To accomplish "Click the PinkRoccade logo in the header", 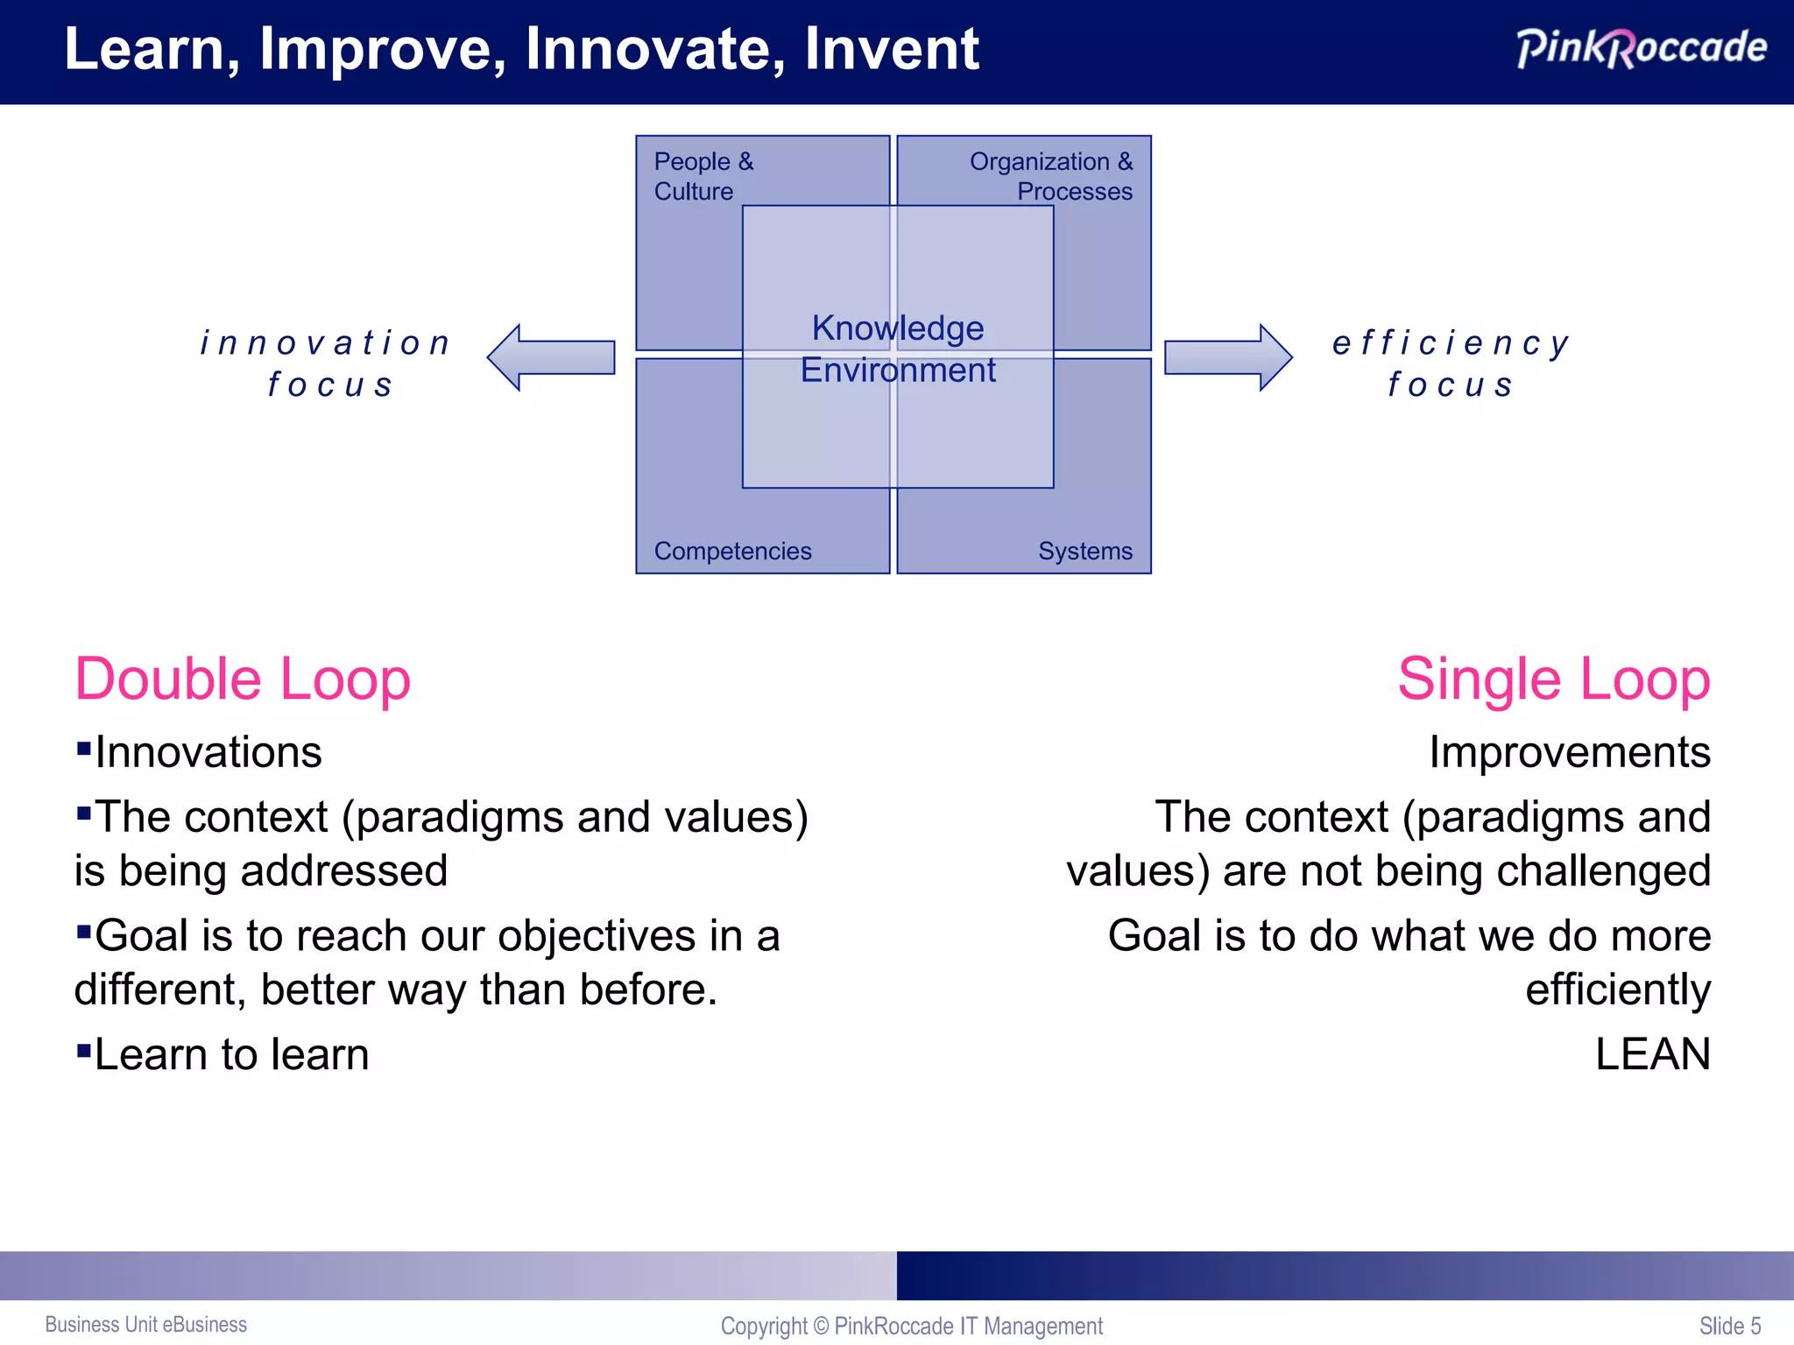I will [1641, 48].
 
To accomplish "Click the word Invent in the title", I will [891, 49].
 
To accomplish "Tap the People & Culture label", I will [703, 176].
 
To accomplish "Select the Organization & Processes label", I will [1050, 176].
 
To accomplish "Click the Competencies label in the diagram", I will [732, 551].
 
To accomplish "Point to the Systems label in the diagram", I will [1084, 551].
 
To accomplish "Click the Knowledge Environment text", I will [898, 349].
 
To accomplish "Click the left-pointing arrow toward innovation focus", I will [551, 357].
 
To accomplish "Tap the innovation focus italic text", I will [327, 363].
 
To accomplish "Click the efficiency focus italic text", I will [1451, 363].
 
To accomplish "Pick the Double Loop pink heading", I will [243, 680].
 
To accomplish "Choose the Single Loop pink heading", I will [1553, 680].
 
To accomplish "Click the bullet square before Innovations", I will [84, 748].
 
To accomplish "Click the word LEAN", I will [1652, 1054].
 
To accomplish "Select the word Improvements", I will [1569, 752].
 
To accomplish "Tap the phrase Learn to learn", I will [231, 1054].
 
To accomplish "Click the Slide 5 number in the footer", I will [1729, 1326].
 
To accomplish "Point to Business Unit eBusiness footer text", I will [145, 1325].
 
